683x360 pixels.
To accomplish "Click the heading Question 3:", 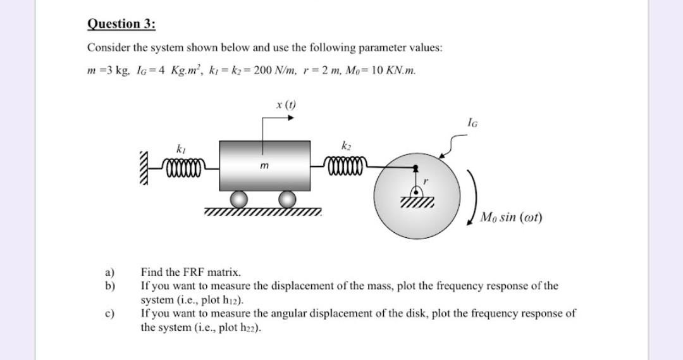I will [121, 24].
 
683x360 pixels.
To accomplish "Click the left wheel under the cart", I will [239, 199].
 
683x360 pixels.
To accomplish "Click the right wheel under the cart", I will [288, 199].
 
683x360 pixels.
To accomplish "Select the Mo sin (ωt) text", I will [510, 218].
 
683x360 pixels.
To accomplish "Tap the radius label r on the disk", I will [426, 181].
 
